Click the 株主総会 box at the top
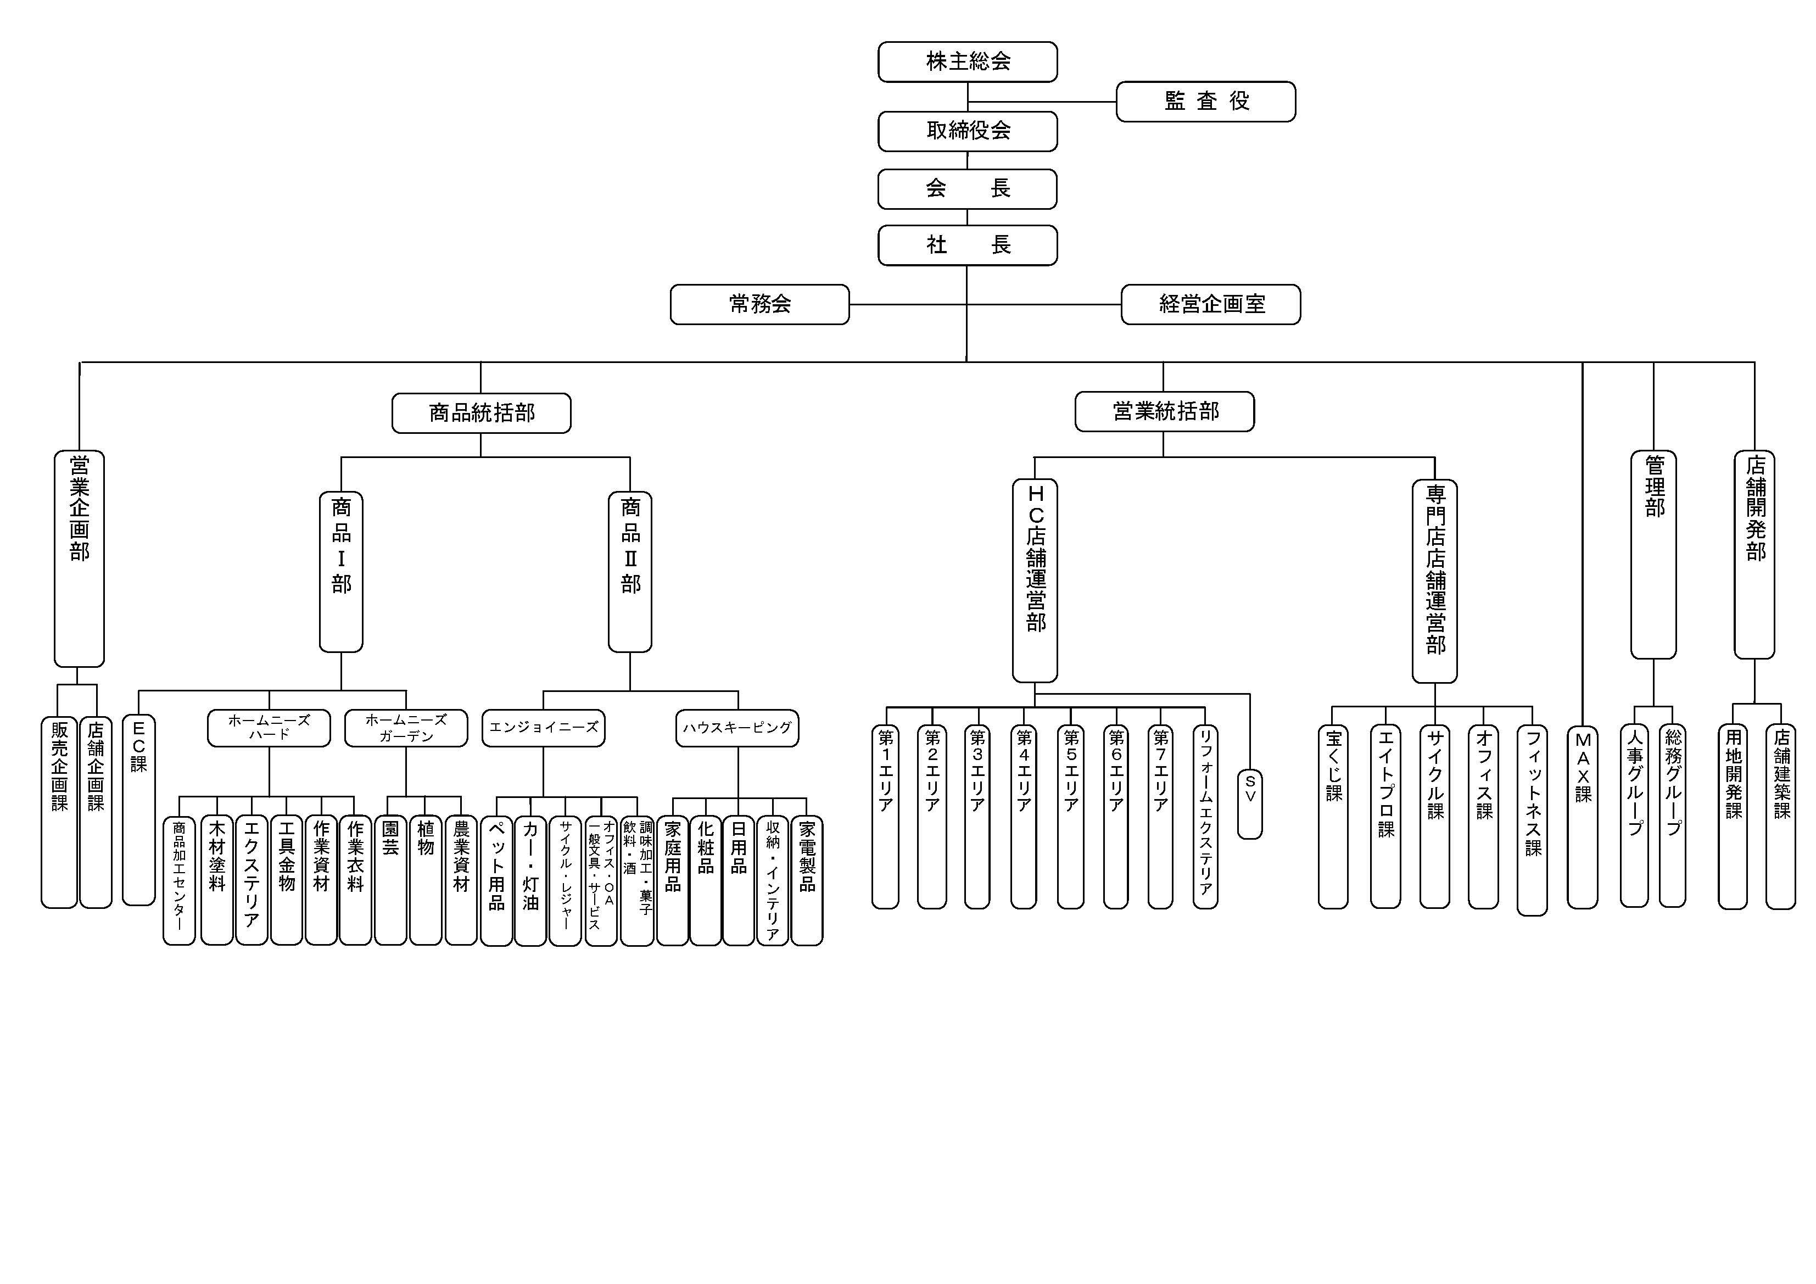tap(968, 62)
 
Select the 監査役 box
tap(1205, 101)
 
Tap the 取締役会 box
tap(968, 131)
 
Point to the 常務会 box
tap(759, 305)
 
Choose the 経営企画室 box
tap(1210, 305)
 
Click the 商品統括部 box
tap(481, 413)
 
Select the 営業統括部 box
tap(1164, 411)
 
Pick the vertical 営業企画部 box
tap(79, 558)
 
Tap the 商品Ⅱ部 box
tap(630, 571)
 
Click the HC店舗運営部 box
tap(1035, 580)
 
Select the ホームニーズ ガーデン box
tap(406, 728)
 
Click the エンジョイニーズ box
tap(544, 728)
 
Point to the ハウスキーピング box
tap(737, 728)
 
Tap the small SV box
tap(1250, 803)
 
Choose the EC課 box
tap(138, 810)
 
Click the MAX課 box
tap(1582, 817)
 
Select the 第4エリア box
tap(1024, 817)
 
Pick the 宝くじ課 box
tap(1333, 817)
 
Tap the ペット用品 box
tap(496, 880)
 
